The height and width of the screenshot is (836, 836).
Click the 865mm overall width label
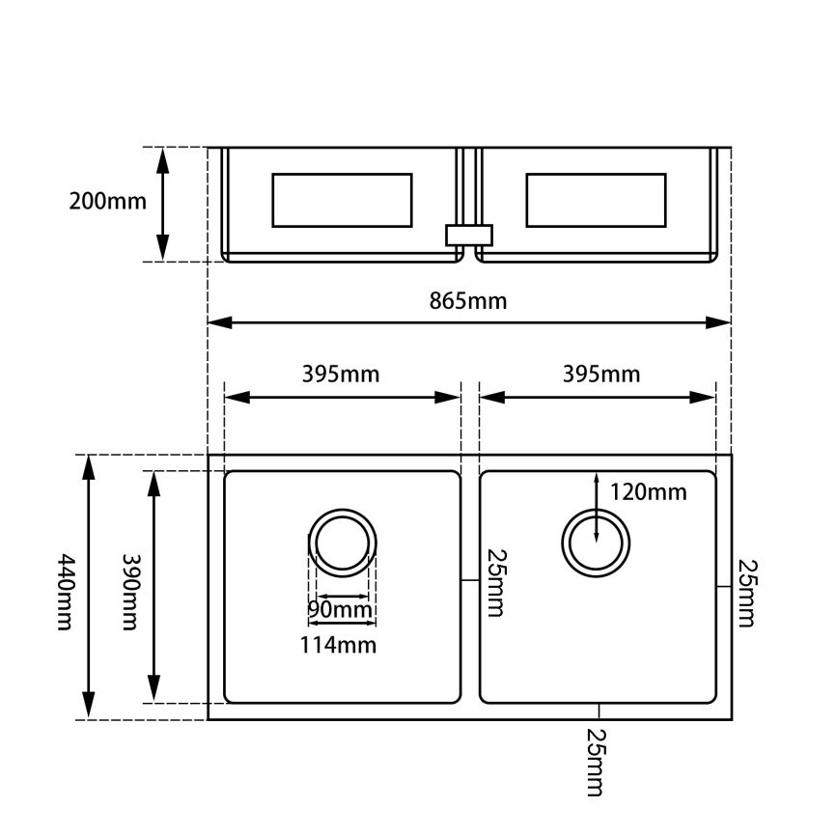pos(467,301)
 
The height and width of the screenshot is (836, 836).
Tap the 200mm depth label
pos(107,202)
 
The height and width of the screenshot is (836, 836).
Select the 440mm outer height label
pos(66,592)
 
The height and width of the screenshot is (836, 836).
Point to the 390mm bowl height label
pos(130,592)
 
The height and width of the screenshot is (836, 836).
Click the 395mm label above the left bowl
pos(341,375)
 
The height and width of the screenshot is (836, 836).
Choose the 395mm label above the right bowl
pos(601,375)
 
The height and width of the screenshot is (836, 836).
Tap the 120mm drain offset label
pos(648,492)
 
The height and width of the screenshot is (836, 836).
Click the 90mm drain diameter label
pos(340,609)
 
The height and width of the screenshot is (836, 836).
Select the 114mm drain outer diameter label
pos(338,645)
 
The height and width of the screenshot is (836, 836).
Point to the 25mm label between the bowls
pos(496,583)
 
